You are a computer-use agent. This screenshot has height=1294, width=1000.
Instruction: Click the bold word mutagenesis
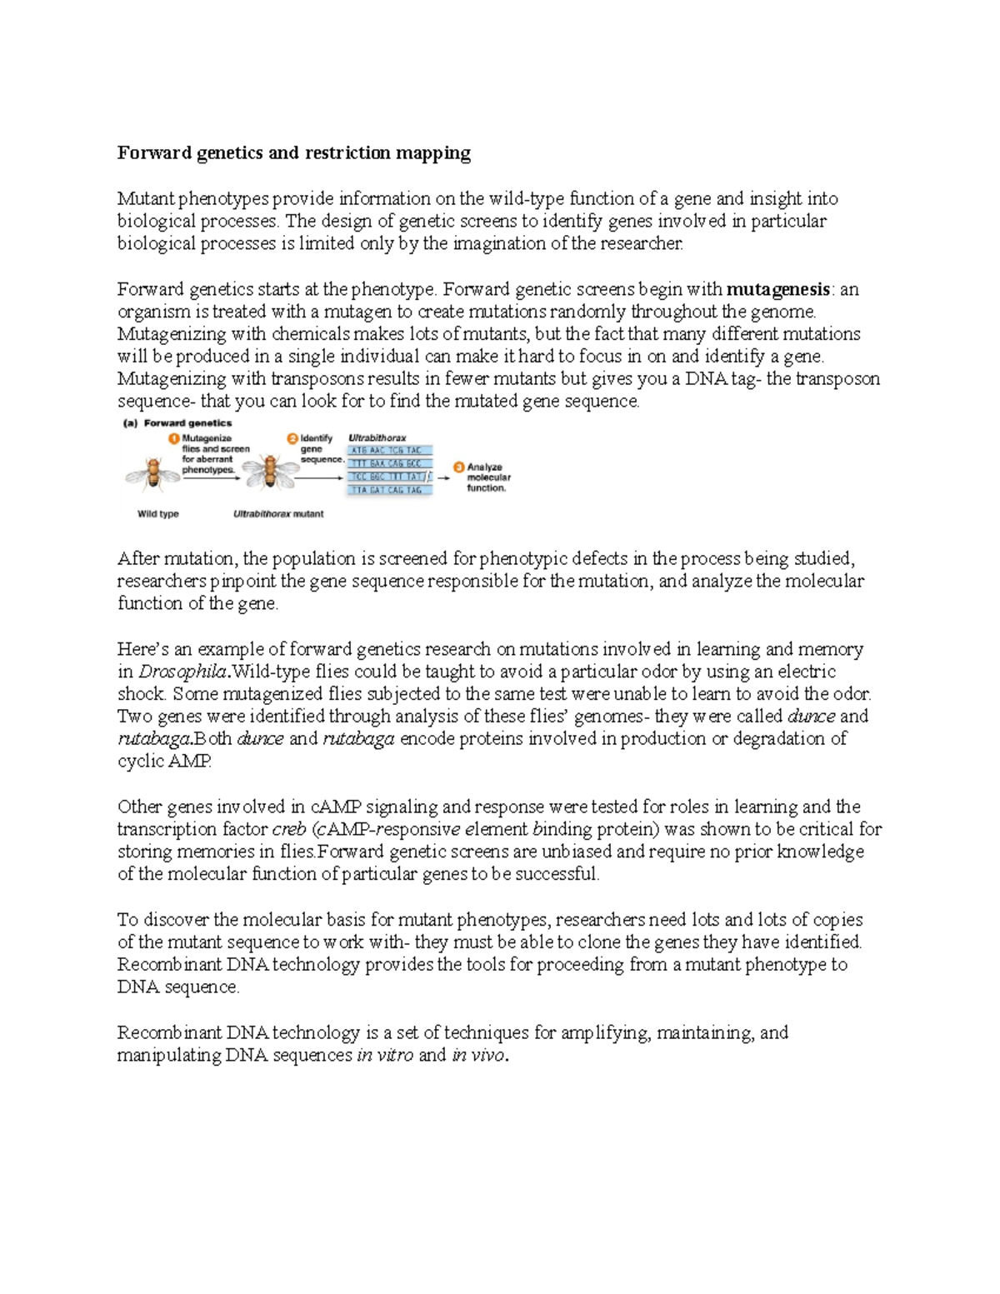[778, 290]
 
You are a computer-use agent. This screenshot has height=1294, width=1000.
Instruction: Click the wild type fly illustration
[152, 474]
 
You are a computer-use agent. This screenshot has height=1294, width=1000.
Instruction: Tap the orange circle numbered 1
[173, 438]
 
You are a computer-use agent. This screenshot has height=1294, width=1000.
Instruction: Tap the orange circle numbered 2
[292, 438]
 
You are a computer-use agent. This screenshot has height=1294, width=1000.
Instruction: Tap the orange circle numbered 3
[458, 467]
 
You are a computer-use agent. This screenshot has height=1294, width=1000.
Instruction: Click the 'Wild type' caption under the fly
[157, 514]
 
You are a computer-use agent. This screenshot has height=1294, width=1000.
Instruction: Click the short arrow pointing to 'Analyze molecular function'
[443, 478]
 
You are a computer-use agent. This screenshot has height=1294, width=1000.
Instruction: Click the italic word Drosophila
[182, 672]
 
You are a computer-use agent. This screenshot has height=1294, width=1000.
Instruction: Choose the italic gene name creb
[289, 830]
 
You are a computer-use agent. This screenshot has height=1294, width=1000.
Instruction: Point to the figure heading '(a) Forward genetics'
[177, 423]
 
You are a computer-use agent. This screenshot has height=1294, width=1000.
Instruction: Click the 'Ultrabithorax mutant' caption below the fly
[278, 514]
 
